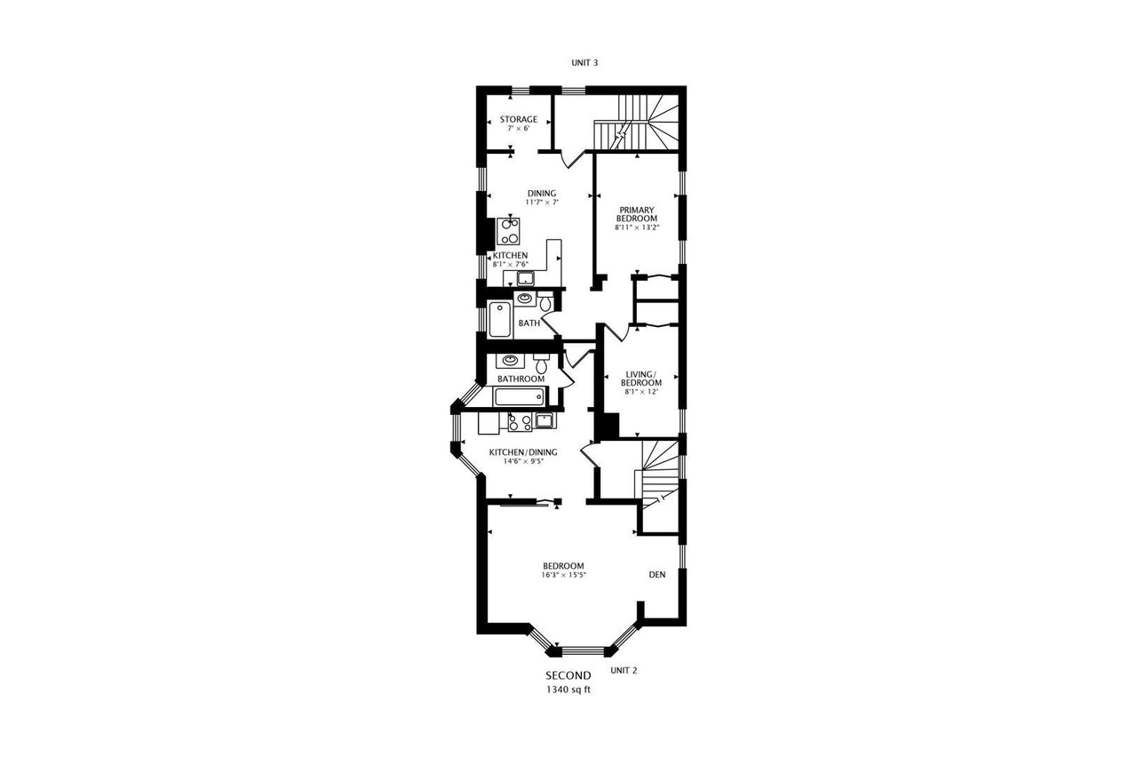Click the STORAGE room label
[x=518, y=119]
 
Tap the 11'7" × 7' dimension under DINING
[x=541, y=203]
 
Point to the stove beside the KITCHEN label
[x=508, y=231]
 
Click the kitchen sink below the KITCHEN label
[x=525, y=280]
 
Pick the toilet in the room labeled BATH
[x=546, y=304]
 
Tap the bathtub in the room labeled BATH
[x=501, y=320]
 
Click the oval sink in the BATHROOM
[x=509, y=361]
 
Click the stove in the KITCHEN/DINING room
[x=520, y=423]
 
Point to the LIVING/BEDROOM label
[x=640, y=378]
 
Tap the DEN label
[x=657, y=575]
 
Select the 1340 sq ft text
[x=568, y=690]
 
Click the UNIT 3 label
[x=584, y=63]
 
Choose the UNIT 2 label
[x=624, y=670]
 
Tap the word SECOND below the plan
[x=568, y=676]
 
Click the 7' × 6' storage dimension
[x=518, y=129]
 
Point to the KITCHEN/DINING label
[x=523, y=452]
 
